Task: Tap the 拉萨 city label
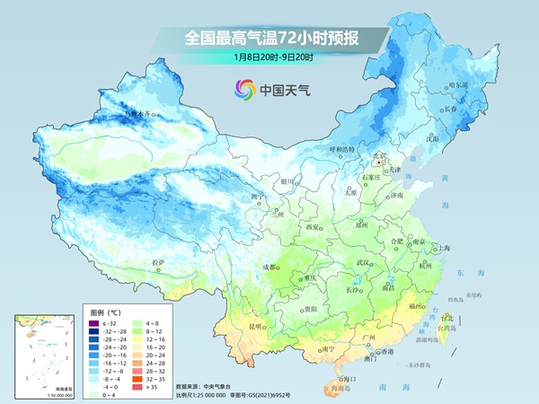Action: [159, 262]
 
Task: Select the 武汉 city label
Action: [363, 262]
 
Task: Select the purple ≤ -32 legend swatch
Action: [93, 321]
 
